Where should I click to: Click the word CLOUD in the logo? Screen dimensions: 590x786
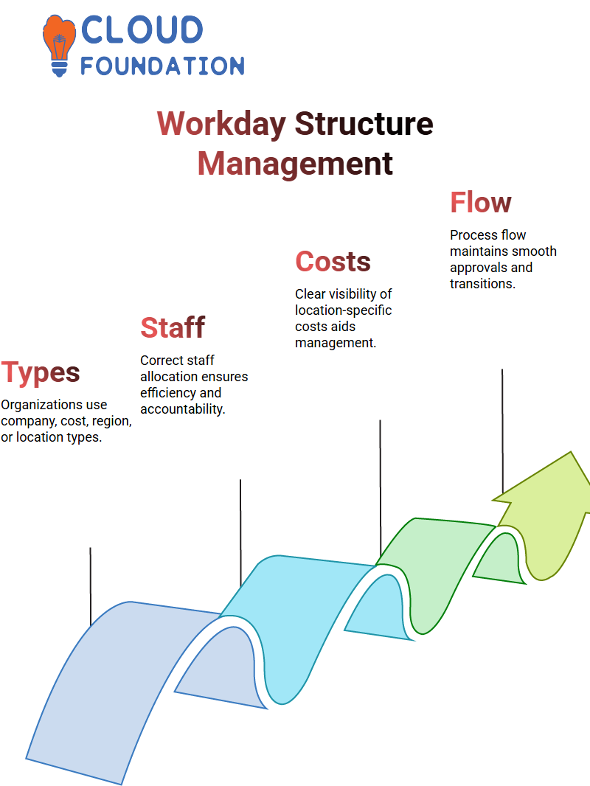[x=142, y=29]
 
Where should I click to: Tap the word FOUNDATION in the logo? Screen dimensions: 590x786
[x=162, y=66]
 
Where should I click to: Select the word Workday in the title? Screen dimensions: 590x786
[x=221, y=123]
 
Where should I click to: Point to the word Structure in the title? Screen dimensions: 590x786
[x=364, y=123]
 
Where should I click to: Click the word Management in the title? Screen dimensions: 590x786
[x=295, y=164]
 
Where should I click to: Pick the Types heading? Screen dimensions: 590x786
[x=40, y=373]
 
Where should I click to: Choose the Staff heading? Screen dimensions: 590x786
[x=173, y=327]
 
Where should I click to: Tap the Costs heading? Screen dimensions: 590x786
[x=333, y=261]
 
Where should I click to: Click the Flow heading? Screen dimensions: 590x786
[x=481, y=202]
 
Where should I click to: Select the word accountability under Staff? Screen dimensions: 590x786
[x=182, y=409]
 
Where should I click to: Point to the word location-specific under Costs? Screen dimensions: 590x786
[x=344, y=310]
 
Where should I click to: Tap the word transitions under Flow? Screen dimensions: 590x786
[x=482, y=284]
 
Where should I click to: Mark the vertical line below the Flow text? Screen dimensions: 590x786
[x=502, y=431]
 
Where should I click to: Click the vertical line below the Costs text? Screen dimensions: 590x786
[x=380, y=487]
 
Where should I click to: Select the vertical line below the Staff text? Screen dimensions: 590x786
[x=240, y=532]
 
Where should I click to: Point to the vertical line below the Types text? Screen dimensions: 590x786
[x=91, y=586]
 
